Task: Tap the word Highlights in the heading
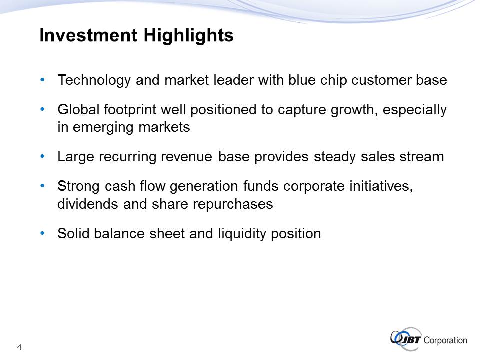click(x=188, y=36)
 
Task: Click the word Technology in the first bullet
click(x=94, y=81)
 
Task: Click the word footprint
click(x=130, y=110)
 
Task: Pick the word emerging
click(x=103, y=128)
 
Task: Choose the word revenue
click(x=186, y=157)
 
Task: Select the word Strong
click(x=79, y=186)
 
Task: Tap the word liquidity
click(x=242, y=234)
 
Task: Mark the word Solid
click(x=73, y=233)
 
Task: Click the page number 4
click(x=19, y=347)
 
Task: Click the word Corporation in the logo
click(x=445, y=340)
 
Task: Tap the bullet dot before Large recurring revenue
click(x=42, y=156)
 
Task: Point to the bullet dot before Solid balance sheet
click(x=42, y=233)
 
